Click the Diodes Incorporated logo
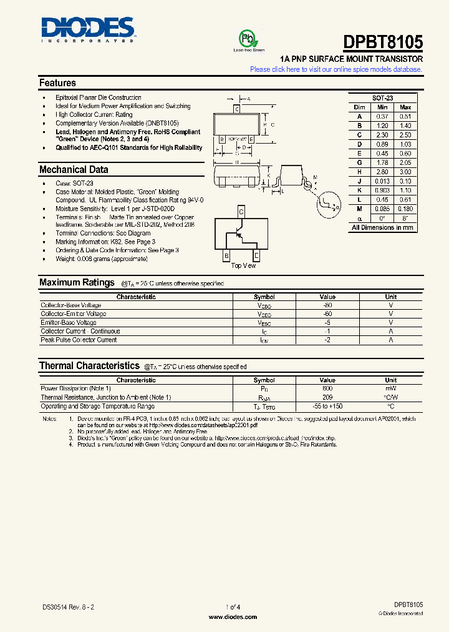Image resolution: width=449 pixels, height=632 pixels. point(88,29)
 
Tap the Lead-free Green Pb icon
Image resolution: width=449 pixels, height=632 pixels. point(248,39)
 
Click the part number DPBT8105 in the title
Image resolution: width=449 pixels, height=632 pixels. point(383,42)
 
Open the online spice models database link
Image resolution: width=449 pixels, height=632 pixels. point(336,69)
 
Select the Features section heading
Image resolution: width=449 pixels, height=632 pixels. point(57,83)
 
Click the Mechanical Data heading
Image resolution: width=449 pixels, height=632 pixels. point(74,170)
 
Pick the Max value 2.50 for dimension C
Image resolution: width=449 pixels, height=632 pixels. point(405,135)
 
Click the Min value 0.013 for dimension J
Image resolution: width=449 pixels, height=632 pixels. point(382,181)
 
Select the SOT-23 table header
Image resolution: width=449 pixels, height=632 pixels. point(382,99)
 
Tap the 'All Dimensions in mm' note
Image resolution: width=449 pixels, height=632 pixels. point(382,227)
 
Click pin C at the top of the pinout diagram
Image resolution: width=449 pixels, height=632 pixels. point(241,212)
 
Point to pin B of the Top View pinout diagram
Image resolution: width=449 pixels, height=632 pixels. point(226,255)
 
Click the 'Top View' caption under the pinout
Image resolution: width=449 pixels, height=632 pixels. point(243,265)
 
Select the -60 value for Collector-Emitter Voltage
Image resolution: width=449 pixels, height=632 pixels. point(327,314)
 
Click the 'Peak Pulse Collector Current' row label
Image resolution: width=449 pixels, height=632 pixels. point(79,340)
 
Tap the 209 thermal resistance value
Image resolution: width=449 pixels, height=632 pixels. point(327,397)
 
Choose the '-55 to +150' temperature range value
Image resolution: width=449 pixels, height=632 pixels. point(327,406)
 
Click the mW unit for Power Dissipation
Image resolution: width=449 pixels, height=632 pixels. point(390,388)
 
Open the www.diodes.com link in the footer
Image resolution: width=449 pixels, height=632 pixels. point(233,617)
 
